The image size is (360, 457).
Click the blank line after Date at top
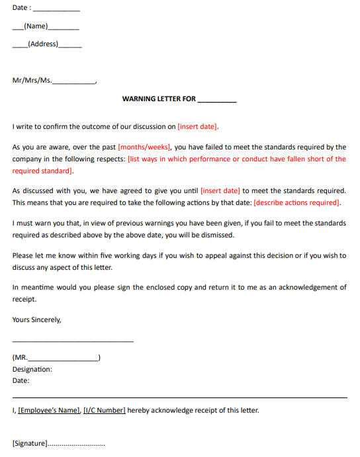click(x=56, y=9)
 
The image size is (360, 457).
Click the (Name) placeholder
click(x=36, y=26)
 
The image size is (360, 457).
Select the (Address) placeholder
click(x=43, y=44)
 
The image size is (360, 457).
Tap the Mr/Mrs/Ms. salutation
click(x=32, y=81)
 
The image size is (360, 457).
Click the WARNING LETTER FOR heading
click(x=159, y=99)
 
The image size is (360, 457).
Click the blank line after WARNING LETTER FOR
click(x=216, y=100)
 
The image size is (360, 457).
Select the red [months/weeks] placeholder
click(x=144, y=147)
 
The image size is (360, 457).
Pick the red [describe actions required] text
click(x=297, y=202)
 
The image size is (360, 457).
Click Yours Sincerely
click(x=36, y=319)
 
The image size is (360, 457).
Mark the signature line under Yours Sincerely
click(x=73, y=341)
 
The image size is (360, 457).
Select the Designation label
click(x=32, y=370)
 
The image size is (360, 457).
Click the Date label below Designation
click(x=21, y=380)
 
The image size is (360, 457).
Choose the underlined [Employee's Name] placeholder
click(x=49, y=410)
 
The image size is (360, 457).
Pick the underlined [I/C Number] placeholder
click(x=105, y=410)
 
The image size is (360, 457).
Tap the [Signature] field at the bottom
click(x=30, y=443)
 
